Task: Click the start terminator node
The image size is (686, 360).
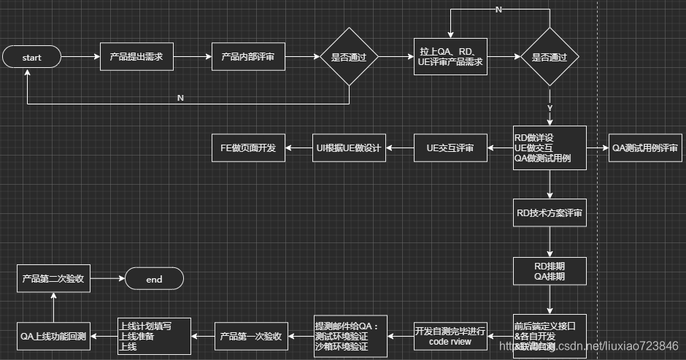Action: click(32, 57)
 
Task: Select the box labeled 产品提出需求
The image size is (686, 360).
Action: click(136, 57)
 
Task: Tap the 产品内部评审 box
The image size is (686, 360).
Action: click(248, 57)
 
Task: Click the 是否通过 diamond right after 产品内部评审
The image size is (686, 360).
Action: click(348, 57)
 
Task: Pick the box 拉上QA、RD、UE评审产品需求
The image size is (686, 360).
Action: click(450, 57)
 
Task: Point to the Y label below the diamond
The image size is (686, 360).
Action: click(550, 108)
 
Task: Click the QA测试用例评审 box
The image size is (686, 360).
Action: click(645, 148)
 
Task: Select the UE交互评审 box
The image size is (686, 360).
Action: click(450, 148)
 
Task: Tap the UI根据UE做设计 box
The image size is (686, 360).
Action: click(348, 148)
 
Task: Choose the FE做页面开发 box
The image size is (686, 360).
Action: click(248, 148)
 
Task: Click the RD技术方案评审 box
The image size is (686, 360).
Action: click(550, 212)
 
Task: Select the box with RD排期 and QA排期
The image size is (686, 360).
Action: click(550, 272)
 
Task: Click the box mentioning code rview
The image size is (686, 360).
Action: click(450, 336)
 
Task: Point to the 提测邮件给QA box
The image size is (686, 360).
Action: click(347, 336)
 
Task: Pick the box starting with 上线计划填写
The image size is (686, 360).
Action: click(154, 336)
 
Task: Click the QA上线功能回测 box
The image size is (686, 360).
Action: click(53, 336)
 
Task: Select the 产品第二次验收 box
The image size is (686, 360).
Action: click(53, 279)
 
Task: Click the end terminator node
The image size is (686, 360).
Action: click(154, 279)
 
